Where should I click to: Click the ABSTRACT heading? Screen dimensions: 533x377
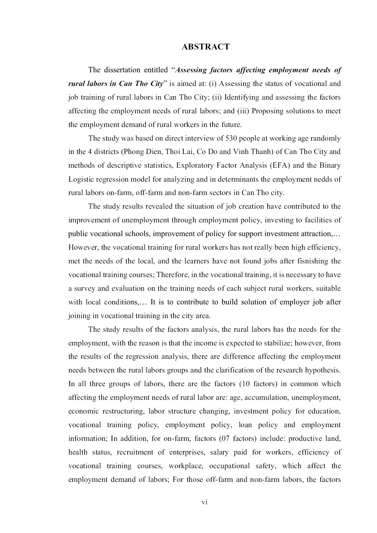click(x=205, y=47)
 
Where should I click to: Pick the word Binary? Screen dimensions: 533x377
click(x=330, y=165)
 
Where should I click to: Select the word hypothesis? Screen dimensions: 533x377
click(x=322, y=370)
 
